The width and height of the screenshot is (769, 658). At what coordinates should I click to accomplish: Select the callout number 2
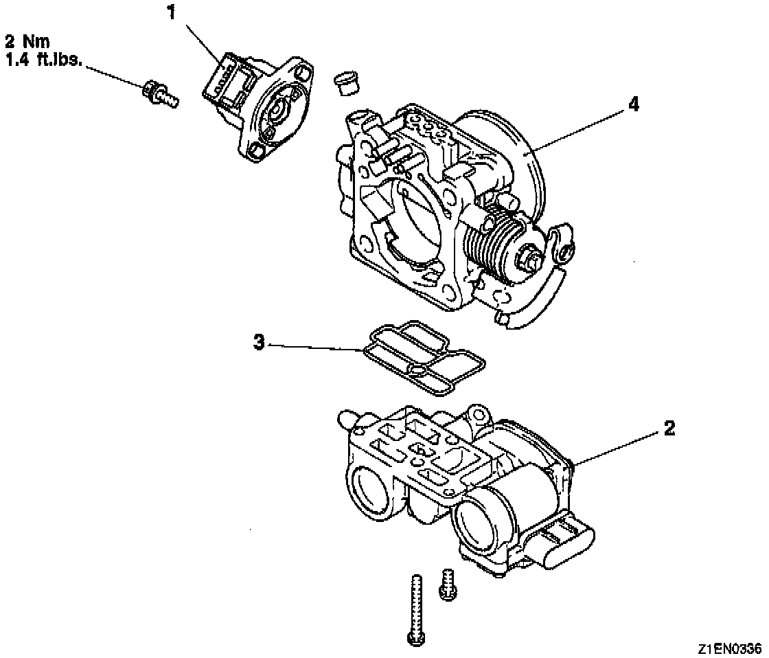click(x=669, y=429)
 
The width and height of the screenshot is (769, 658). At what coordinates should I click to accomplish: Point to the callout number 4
click(x=633, y=104)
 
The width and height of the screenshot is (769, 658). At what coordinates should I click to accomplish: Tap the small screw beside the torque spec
click(x=160, y=95)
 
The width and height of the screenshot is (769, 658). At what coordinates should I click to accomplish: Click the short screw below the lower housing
click(x=448, y=585)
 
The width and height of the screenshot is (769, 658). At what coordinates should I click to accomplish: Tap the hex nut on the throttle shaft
click(x=529, y=260)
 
